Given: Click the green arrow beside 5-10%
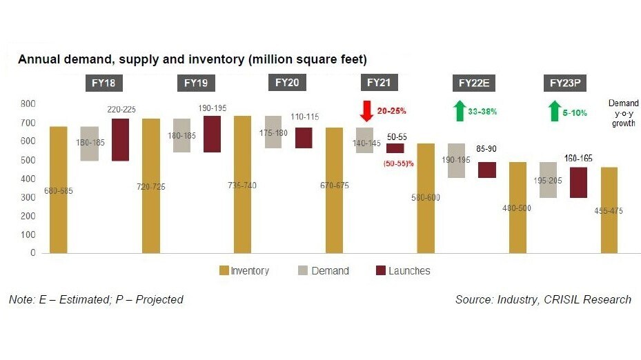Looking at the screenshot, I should [x=553, y=110].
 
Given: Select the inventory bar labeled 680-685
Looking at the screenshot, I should [x=59, y=190].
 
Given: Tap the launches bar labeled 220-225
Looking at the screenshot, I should [x=120, y=139].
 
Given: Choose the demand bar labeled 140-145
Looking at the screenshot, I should [x=365, y=140].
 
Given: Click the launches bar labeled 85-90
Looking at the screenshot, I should [x=487, y=170].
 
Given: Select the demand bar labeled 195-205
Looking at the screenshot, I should [x=549, y=180].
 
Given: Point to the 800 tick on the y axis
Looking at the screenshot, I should [x=28, y=104].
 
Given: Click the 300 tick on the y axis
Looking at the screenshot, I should [x=28, y=197].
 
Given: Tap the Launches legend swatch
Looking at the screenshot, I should [x=380, y=271].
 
